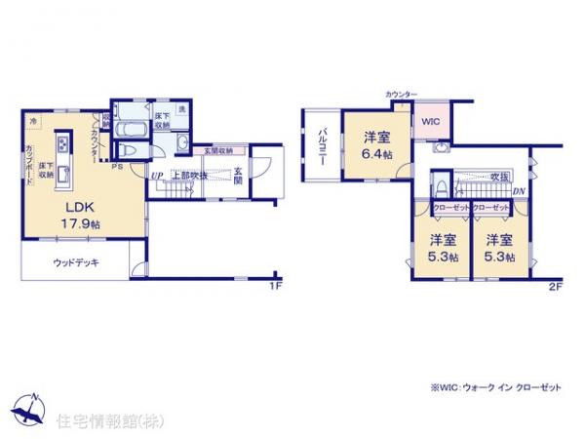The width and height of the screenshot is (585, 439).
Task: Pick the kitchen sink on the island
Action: (x=61, y=176)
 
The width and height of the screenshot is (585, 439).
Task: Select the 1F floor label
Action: (x=276, y=286)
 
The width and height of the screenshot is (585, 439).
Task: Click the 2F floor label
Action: (x=555, y=286)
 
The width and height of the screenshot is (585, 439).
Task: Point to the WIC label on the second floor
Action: (x=431, y=123)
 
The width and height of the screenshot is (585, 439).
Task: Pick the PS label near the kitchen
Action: (x=117, y=166)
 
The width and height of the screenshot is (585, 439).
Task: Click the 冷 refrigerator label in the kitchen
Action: (x=32, y=120)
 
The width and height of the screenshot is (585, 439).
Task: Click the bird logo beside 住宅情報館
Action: (x=28, y=408)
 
